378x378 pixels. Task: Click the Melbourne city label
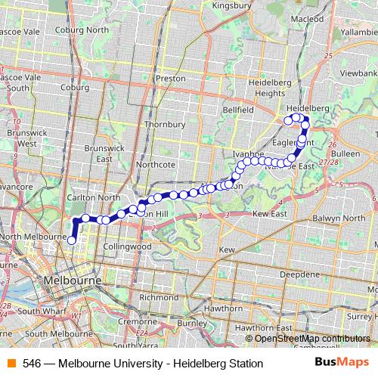[73, 280]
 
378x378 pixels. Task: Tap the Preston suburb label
[169, 78]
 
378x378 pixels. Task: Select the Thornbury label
[165, 122]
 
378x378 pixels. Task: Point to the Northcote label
[156, 164]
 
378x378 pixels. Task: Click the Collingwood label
[127, 246]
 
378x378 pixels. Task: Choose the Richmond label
[158, 297]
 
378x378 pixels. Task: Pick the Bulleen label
[345, 153]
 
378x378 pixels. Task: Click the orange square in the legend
[11, 363]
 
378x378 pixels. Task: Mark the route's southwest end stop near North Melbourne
[72, 240]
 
